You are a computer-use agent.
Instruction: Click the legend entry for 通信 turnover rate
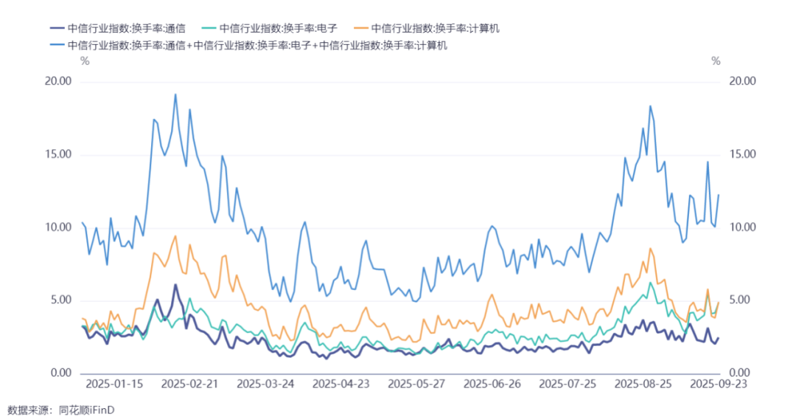tap(118, 29)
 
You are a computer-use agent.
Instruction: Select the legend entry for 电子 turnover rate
tap(270, 29)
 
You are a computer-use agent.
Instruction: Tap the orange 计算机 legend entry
tap(427, 29)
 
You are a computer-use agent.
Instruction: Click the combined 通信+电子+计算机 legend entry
tap(249, 45)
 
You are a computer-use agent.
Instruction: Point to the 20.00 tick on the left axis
tap(58, 81)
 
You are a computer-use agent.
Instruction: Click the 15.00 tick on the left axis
tap(58, 154)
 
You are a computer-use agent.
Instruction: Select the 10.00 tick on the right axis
tap(742, 227)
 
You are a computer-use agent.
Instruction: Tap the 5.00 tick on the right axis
tap(740, 300)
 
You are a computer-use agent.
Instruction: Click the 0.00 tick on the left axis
tap(61, 373)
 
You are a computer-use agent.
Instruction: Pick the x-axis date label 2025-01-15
tap(114, 384)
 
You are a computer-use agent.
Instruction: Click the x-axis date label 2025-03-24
tap(265, 384)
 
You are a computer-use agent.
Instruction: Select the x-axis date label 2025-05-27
tap(416, 384)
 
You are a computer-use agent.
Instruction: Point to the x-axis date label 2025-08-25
tap(643, 384)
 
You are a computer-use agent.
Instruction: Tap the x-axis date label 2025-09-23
tap(719, 384)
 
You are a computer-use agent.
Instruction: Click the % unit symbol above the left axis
tap(85, 61)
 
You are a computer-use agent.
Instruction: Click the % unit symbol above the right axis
tap(716, 61)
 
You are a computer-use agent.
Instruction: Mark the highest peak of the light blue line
tap(175, 94)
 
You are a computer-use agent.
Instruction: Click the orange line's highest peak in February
tap(175, 236)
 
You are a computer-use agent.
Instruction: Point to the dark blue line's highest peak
tap(175, 285)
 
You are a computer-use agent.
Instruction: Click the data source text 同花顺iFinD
tap(87, 410)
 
